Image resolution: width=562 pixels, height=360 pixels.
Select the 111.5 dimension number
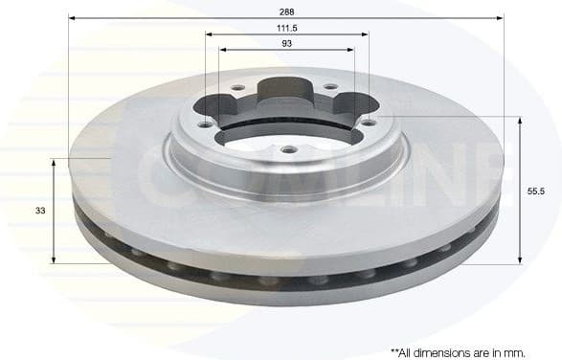(x=286, y=29)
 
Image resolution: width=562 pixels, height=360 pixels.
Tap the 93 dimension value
(x=286, y=44)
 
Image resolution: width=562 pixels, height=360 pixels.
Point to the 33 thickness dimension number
(x=39, y=210)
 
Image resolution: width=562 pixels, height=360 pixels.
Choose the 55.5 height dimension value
(x=536, y=191)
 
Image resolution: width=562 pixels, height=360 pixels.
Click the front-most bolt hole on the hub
(x=287, y=148)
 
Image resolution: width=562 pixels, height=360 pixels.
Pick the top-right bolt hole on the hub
(x=330, y=88)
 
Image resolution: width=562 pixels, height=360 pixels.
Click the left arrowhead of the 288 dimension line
(x=73, y=16)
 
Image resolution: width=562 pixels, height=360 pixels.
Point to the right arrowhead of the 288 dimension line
(x=500, y=16)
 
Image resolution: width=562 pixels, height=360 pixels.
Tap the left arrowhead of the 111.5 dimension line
(x=209, y=35)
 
